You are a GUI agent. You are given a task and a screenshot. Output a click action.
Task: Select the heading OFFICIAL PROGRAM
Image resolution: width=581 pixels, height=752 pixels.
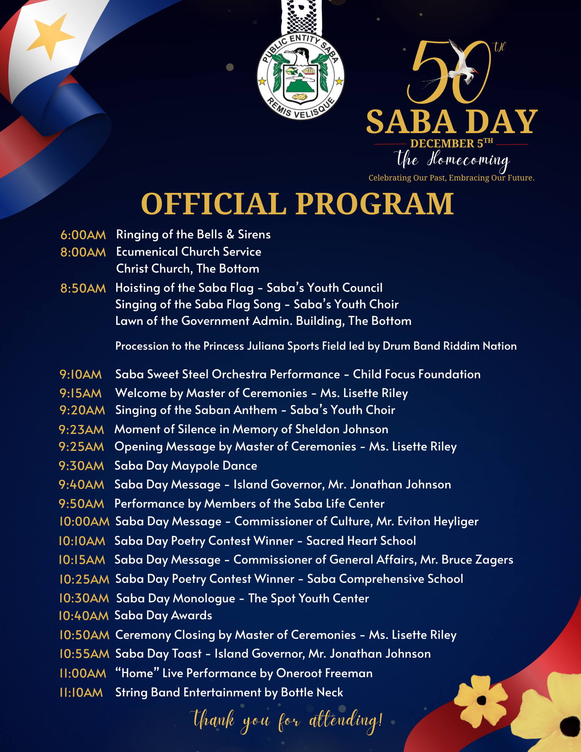[x=297, y=204]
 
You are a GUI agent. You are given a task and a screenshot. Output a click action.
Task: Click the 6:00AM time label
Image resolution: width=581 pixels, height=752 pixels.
[x=83, y=235]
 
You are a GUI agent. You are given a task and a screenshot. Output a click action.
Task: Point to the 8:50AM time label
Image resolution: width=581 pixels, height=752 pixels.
[x=83, y=288]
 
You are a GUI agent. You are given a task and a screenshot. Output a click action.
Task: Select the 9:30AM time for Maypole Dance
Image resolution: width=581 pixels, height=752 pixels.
[x=81, y=465]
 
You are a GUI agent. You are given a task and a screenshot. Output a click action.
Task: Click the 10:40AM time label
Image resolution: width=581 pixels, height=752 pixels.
[x=83, y=616]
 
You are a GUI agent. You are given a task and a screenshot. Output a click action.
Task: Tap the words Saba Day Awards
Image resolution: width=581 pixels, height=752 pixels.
[x=163, y=616]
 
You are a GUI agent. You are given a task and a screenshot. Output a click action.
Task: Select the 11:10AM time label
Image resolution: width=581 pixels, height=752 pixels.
[x=81, y=692]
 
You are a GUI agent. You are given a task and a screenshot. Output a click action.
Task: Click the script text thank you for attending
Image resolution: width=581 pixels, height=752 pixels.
[x=288, y=720]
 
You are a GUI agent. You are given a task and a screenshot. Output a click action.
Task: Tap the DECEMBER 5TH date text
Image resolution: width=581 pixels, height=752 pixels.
[x=451, y=143]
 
